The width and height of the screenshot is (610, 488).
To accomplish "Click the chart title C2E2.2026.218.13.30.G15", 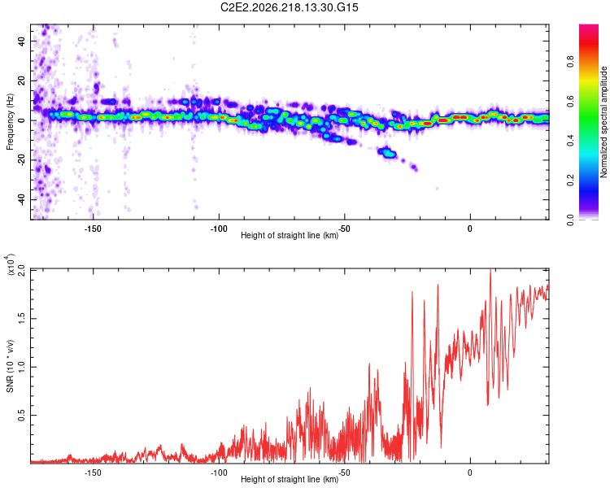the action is [289, 7].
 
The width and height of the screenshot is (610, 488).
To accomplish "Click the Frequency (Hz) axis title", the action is [10, 122].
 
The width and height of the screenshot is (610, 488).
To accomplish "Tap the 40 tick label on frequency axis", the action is [22, 41].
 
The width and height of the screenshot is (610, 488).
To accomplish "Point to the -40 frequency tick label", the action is [22, 199].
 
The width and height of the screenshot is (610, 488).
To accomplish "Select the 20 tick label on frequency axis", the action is [22, 81].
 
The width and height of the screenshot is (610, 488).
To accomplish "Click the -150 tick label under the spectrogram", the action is [93, 229].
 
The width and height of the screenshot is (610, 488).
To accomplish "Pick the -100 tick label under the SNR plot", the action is [219, 473].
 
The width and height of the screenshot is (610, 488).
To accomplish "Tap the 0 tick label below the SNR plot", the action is [470, 473].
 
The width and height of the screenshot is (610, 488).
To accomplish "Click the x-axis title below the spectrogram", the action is [290, 235].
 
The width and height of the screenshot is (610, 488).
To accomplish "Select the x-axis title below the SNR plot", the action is [290, 479].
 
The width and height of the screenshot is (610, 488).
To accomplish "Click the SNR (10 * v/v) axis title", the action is [10, 366].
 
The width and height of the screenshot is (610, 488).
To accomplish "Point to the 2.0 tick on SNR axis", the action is [22, 270].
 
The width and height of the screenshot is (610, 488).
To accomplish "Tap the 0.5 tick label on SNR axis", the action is [22, 416].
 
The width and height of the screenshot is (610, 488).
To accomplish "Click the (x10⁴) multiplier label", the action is [10, 264].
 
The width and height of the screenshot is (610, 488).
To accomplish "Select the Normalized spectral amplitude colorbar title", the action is [603, 122].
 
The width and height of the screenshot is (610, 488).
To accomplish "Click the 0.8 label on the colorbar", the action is [570, 62].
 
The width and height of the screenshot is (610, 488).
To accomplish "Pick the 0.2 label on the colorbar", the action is [570, 181].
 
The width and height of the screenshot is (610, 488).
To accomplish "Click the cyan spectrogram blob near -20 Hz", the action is [387, 153].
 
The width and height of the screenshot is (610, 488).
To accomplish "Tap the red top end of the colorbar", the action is [589, 27].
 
